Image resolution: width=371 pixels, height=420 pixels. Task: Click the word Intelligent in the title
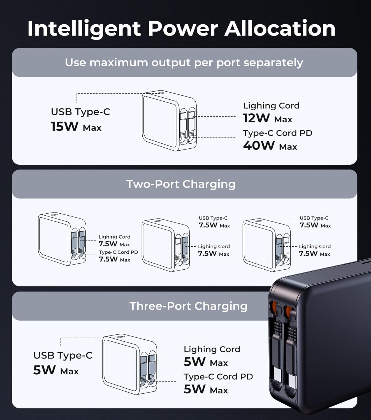tap(84, 29)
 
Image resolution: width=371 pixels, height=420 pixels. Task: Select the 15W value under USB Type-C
tap(65, 126)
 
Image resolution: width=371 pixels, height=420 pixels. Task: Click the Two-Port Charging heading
tap(181, 184)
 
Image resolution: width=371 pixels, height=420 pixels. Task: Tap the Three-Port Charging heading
tap(188, 306)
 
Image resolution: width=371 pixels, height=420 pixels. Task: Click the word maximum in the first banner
tap(119, 62)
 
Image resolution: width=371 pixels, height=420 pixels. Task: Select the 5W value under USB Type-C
tap(45, 370)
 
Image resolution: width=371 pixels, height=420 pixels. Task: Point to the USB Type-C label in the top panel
tap(80, 112)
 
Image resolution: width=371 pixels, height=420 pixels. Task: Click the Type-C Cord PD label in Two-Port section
tap(118, 252)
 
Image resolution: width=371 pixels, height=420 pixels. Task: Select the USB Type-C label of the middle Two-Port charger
tap(213, 218)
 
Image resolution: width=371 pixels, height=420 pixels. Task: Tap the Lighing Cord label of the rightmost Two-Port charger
tap(315, 246)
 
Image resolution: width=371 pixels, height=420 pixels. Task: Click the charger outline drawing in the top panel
tap(169, 121)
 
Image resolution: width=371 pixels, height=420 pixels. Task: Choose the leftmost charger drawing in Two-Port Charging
tap(62, 239)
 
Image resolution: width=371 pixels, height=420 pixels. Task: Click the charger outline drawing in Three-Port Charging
tap(130, 365)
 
